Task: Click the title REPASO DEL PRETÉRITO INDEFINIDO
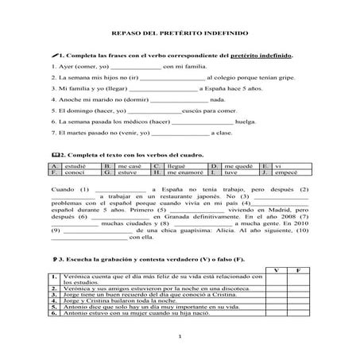[180, 34]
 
